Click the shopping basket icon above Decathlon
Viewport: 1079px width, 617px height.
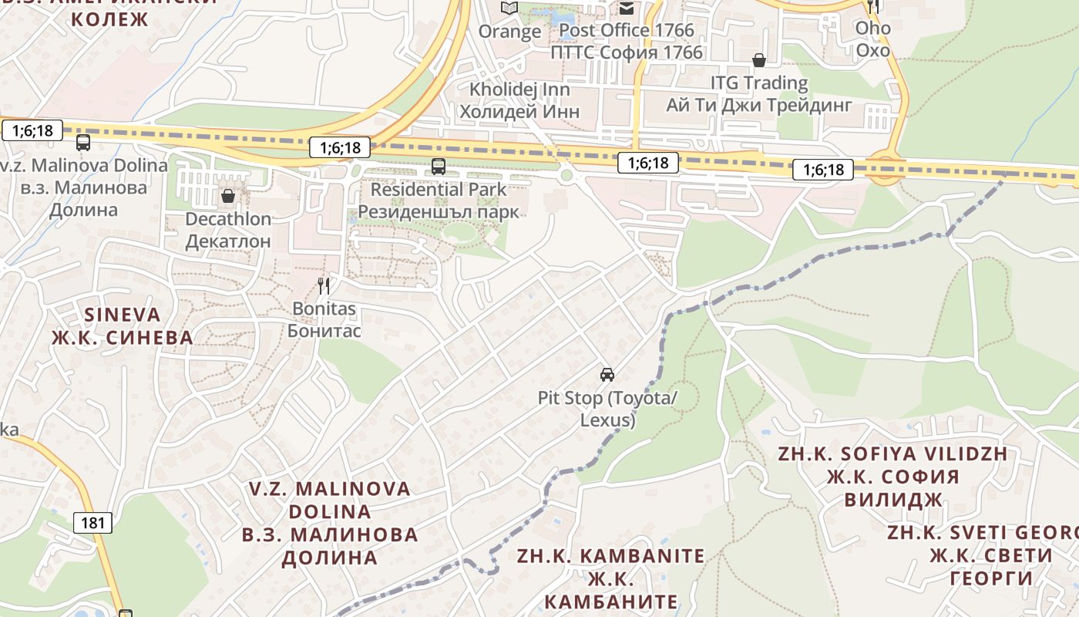[x=228, y=196]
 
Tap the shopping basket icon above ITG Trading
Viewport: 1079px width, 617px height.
[x=759, y=59]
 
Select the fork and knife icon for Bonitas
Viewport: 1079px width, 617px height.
[x=324, y=286]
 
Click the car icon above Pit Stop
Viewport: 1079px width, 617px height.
[x=607, y=375]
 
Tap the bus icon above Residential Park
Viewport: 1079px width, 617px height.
[x=439, y=166]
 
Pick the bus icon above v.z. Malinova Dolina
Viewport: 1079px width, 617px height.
[x=83, y=143]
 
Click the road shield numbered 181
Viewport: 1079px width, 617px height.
[x=93, y=523]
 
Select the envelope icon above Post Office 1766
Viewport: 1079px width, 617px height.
[x=627, y=8]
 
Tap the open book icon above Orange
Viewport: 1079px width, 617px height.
[x=509, y=8]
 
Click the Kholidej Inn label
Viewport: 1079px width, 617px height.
[x=519, y=89]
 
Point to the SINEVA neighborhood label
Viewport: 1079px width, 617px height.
[x=123, y=315]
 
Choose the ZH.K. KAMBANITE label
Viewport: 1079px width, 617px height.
[x=610, y=556]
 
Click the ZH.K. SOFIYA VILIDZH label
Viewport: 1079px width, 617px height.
[x=892, y=453]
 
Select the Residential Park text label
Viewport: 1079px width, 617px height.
[x=439, y=189]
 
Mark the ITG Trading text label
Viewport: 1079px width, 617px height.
[x=759, y=83]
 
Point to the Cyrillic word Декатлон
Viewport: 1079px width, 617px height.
[x=228, y=241]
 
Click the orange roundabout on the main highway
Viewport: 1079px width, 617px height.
[x=886, y=169]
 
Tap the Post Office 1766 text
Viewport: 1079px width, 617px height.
[x=627, y=30]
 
